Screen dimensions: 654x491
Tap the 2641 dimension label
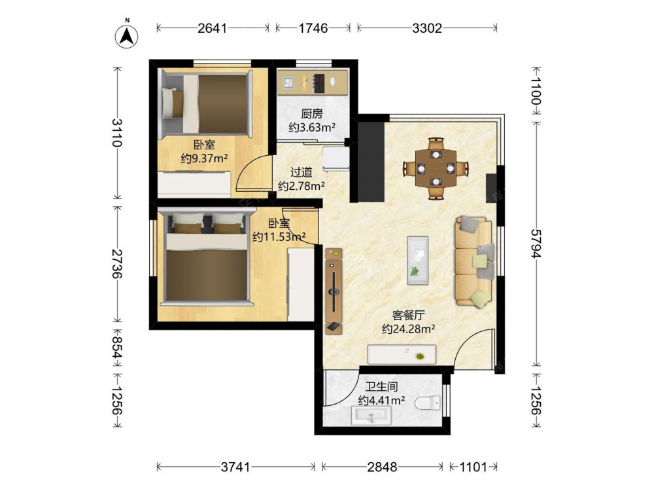[213, 28]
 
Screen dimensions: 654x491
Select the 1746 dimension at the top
[313, 28]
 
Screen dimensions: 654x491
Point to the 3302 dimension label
[426, 28]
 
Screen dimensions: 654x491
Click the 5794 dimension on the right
[536, 244]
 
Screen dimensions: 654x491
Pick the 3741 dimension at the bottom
[235, 467]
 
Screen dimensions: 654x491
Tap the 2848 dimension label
[382, 467]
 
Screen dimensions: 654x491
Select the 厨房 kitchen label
[312, 113]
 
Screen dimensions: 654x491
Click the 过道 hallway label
[301, 172]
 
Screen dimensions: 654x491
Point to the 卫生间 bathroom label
[382, 386]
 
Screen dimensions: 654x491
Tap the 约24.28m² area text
[409, 329]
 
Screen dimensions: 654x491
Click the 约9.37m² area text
[204, 158]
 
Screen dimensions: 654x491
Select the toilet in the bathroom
[428, 403]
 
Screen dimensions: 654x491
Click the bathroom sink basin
[371, 416]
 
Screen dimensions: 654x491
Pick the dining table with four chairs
[436, 168]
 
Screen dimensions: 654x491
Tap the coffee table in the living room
[417, 261]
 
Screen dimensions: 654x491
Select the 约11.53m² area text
[279, 237]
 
